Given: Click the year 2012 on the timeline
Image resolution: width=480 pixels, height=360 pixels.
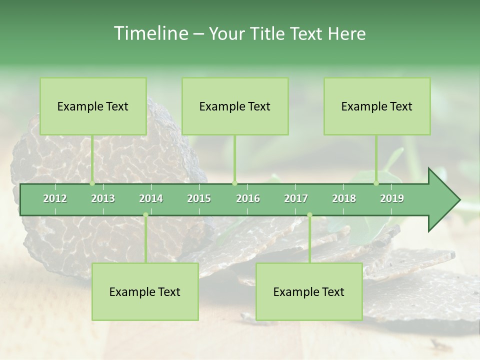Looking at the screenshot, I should click(x=55, y=198).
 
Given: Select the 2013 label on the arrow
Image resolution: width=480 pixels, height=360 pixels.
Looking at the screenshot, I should click(x=103, y=198).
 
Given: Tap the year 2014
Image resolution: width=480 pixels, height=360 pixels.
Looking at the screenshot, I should click(x=151, y=198).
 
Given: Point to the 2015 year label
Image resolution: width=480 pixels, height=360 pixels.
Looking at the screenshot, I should click(x=199, y=198).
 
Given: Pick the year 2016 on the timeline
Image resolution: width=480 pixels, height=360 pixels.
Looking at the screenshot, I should click(x=248, y=198).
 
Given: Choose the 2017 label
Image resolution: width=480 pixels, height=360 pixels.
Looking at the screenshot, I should click(x=296, y=198).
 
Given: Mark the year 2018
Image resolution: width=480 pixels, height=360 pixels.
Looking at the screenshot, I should click(x=344, y=198).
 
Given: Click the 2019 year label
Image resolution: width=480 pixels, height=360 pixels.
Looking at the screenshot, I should click(x=392, y=198).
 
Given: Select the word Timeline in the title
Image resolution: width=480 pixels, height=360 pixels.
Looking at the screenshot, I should click(x=150, y=33).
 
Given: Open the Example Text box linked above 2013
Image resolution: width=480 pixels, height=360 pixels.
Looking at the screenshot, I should click(x=93, y=106).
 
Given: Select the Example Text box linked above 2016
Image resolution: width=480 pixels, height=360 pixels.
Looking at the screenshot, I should click(x=235, y=106).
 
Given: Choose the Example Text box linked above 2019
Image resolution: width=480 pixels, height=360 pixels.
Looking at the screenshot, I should click(x=377, y=106).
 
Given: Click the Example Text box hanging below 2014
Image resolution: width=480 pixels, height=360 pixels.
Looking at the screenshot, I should click(x=145, y=292).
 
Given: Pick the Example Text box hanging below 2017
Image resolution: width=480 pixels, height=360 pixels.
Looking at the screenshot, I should click(x=309, y=292).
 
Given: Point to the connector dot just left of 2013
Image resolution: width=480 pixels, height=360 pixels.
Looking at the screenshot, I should click(x=92, y=183).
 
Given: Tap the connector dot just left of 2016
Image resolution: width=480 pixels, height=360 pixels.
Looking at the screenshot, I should click(x=235, y=183).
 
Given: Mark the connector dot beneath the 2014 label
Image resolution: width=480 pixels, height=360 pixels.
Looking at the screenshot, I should click(x=145, y=215).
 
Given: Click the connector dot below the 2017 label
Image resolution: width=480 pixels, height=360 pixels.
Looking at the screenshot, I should click(x=309, y=215).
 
